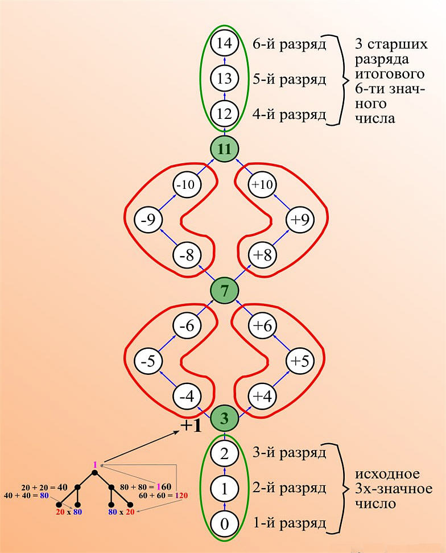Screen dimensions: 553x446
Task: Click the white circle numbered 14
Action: (224, 43)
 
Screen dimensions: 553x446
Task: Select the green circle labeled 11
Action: (224, 149)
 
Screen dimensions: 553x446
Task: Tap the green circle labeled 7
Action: (224, 291)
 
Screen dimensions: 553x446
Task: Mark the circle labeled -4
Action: (186, 397)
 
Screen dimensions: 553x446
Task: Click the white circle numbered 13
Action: (224, 78)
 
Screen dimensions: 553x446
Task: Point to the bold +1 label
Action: (191, 426)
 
